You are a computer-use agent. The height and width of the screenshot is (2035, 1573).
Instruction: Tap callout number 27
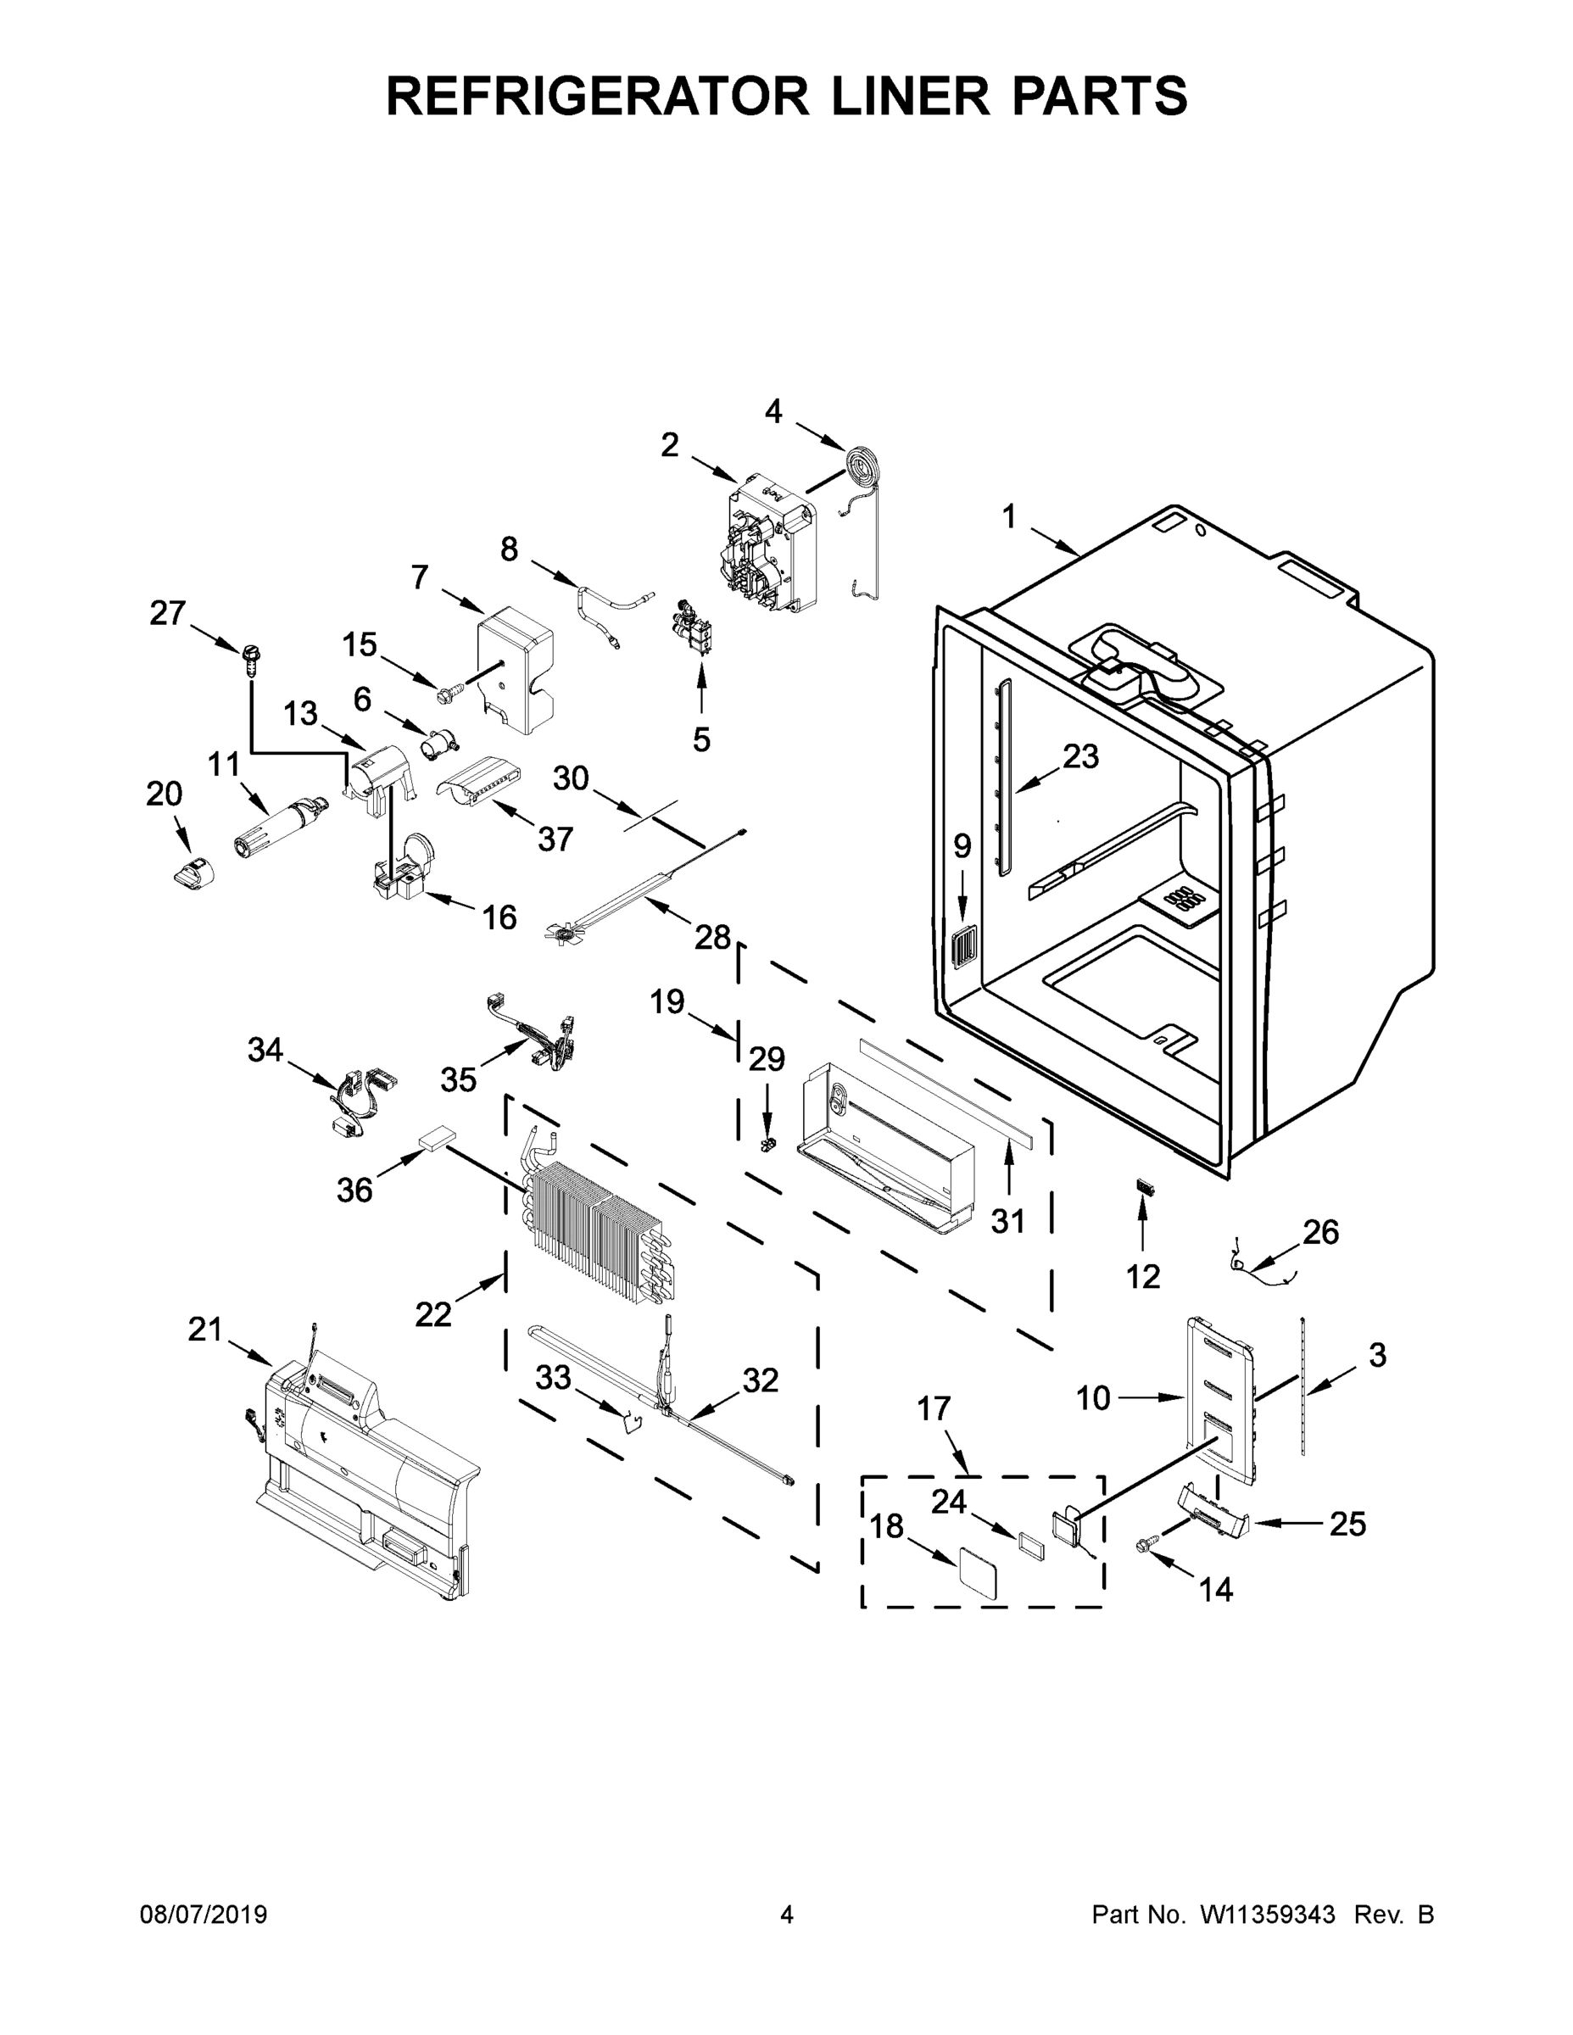(x=168, y=613)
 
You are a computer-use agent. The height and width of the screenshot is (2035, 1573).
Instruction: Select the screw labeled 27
(x=251, y=658)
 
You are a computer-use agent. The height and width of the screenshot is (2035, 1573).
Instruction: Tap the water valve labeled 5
(x=695, y=626)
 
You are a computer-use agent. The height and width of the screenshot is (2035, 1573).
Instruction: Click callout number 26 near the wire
(x=1320, y=1233)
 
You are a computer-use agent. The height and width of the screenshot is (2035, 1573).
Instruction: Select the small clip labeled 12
(x=1144, y=1188)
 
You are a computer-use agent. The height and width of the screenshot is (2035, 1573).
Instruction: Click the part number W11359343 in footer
(x=1268, y=1915)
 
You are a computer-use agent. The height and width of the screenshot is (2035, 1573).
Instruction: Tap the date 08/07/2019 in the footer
(x=204, y=1915)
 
